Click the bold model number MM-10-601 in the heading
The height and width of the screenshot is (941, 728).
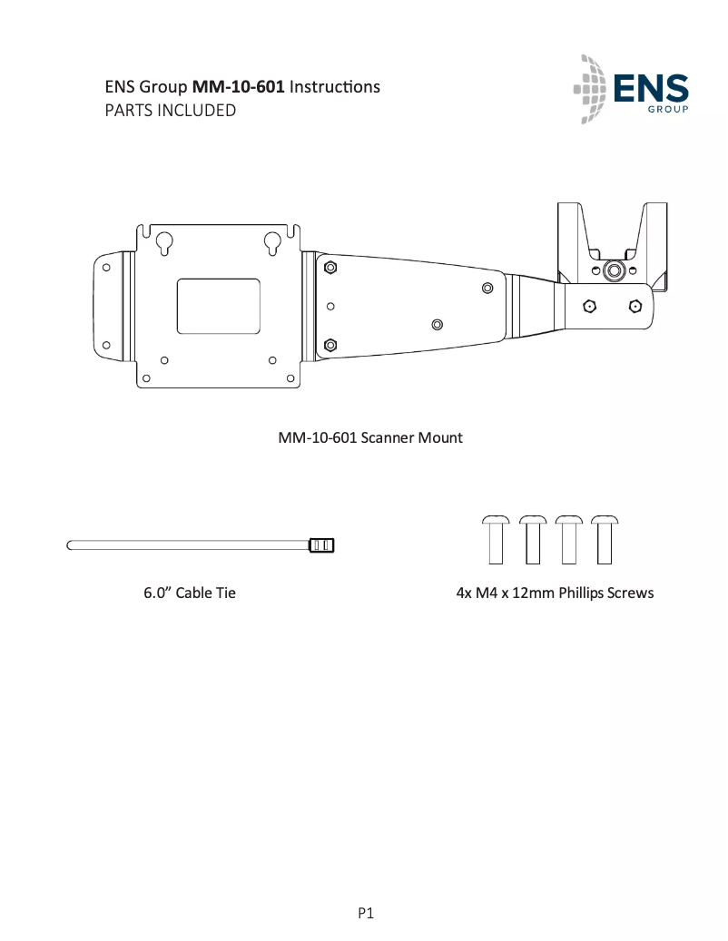[239, 87]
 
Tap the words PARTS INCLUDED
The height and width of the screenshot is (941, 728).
[171, 111]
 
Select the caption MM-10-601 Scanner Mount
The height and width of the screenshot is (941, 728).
[369, 438]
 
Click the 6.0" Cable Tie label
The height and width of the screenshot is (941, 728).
[190, 593]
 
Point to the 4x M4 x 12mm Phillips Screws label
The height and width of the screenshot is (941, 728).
[554, 593]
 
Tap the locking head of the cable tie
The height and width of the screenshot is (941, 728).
[322, 545]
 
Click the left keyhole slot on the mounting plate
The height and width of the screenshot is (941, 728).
[164, 243]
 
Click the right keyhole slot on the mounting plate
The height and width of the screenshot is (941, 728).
[272, 243]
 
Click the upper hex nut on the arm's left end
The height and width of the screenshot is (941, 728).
[330, 267]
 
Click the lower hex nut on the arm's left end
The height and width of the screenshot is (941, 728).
[330, 344]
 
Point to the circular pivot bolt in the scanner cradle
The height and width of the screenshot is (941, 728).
[614, 270]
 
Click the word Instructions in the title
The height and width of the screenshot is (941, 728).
[334, 87]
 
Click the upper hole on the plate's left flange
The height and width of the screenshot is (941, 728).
[106, 268]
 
